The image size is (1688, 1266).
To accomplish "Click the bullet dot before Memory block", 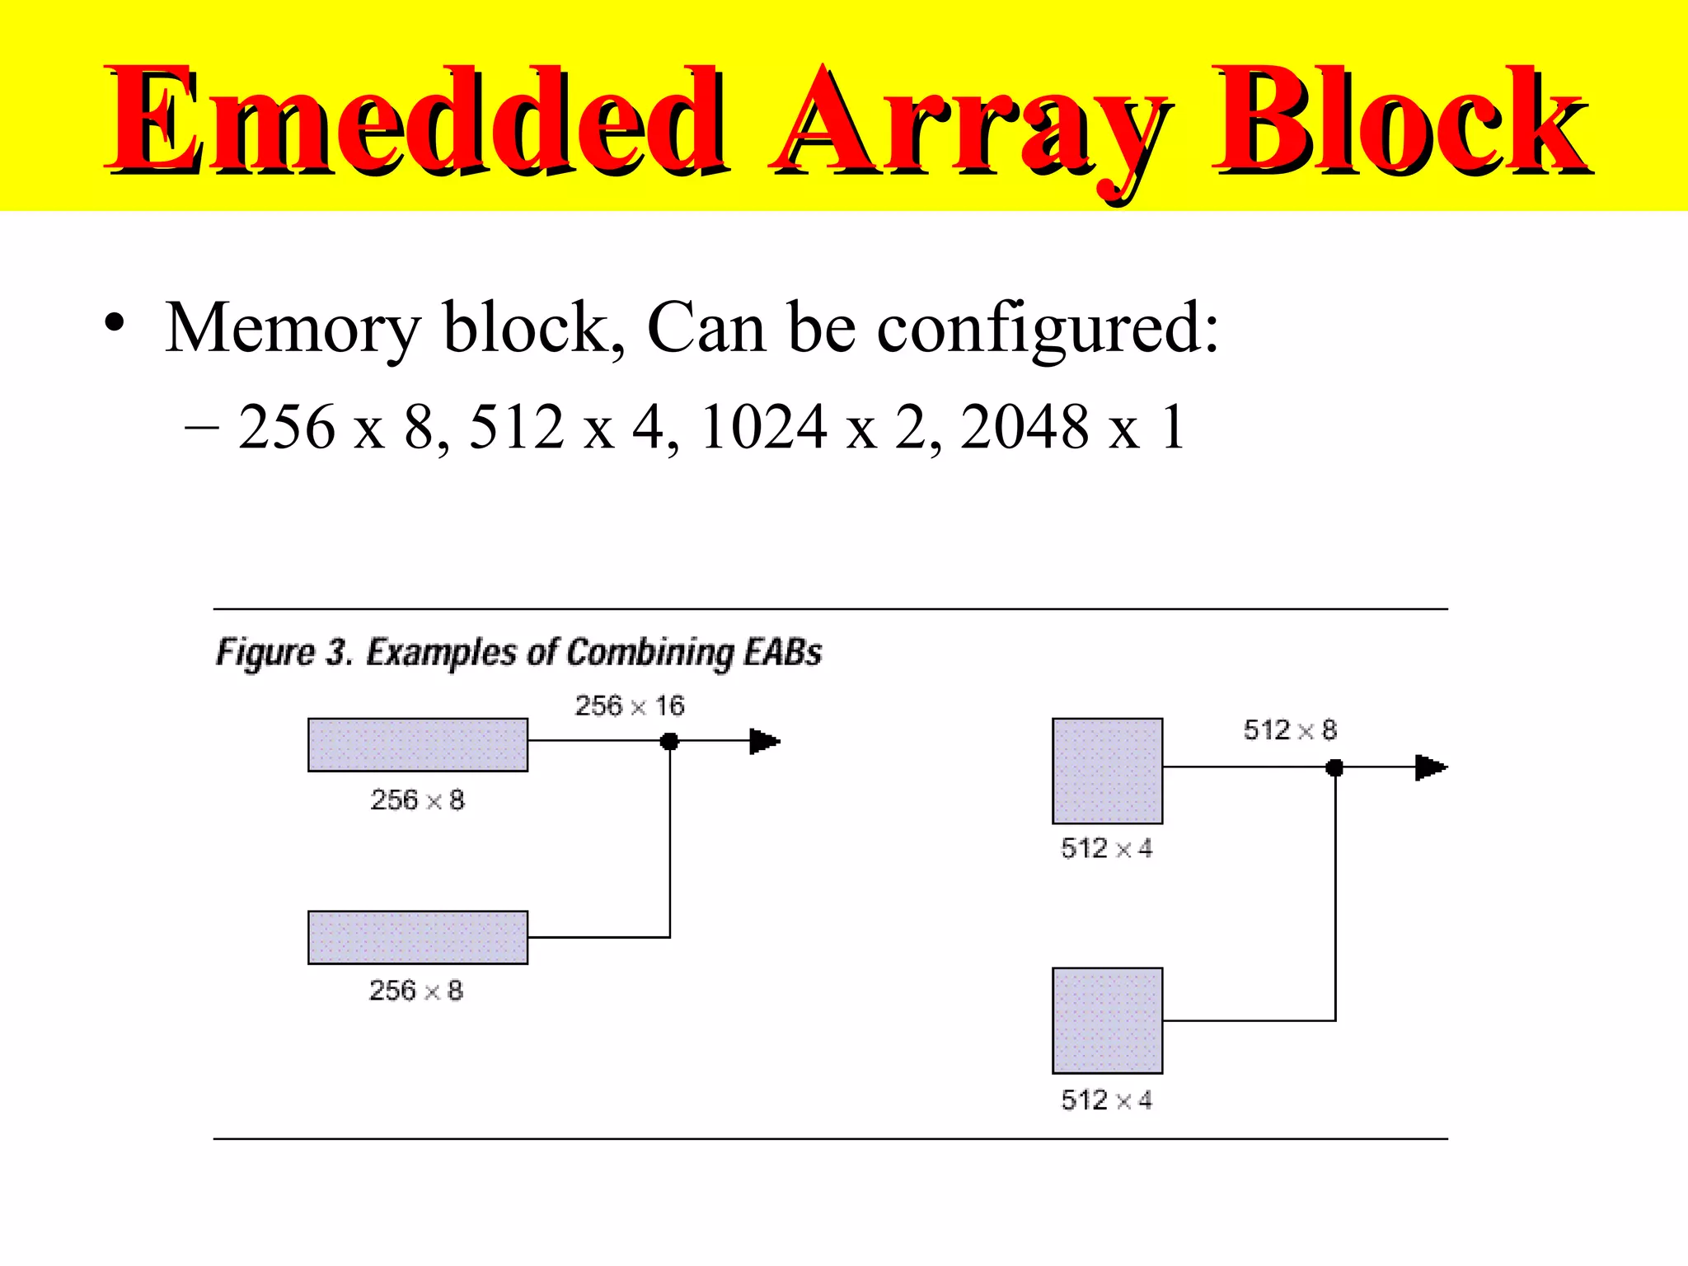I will point(115,324).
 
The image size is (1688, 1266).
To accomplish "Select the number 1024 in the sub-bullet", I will point(763,427).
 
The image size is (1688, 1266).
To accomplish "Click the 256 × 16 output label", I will point(630,706).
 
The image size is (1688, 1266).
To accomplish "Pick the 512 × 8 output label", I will point(1290,730).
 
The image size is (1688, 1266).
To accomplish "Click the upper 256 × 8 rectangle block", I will point(418,745).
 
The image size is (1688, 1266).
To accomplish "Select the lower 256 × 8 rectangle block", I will point(418,937).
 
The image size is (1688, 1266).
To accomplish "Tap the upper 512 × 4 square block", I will point(1107,771).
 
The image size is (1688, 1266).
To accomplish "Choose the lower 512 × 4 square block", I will point(1107,1020).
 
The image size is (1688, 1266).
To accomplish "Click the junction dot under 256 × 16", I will point(669,742).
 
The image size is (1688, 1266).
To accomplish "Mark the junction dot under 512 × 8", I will point(1334,768).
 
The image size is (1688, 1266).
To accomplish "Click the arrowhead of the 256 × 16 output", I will point(764,742).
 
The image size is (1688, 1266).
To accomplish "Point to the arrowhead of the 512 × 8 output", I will point(1430,768).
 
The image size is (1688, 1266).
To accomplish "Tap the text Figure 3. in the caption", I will point(284,653).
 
